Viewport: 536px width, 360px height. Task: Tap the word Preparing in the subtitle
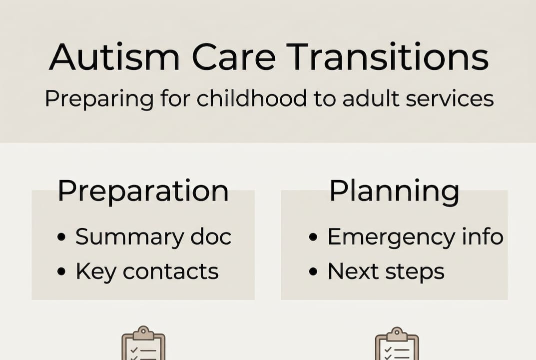(99, 99)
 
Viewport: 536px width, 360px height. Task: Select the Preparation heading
(143, 190)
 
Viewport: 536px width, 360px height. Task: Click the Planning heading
(394, 190)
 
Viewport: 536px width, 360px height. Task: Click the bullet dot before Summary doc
(61, 237)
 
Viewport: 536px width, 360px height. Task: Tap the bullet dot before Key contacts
(61, 272)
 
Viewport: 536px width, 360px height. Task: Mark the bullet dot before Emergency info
(313, 237)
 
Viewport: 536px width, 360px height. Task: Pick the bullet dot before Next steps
(313, 272)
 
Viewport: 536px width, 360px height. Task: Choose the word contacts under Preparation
(170, 272)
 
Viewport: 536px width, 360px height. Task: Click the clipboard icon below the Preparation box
(143, 344)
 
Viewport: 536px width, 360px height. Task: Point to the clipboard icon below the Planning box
(397, 344)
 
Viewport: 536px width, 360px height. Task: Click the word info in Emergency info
(483, 236)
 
